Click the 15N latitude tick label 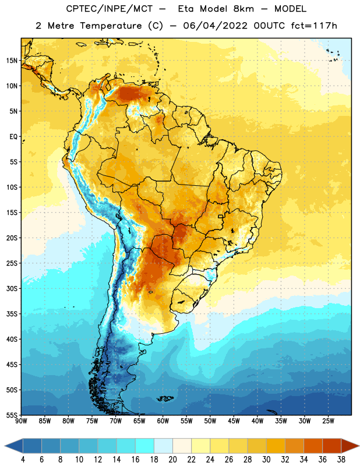point(12,61)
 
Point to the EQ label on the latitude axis point(13,137)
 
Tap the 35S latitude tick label point(12,314)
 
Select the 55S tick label point(12,415)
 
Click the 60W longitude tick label point(163,421)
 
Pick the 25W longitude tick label point(328,421)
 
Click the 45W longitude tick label point(234,421)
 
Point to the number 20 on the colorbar point(172,460)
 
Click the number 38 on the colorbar point(341,460)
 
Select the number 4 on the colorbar point(23,460)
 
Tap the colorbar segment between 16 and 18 point(144,446)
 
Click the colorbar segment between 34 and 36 point(313,446)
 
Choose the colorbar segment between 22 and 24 point(200,446)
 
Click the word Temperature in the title point(111,26)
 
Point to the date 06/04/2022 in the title point(215,26)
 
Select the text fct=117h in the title point(314,26)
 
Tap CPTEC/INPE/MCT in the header point(109,9)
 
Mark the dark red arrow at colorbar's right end point(350,446)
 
